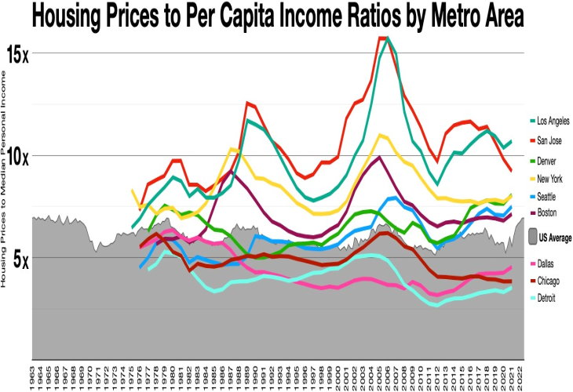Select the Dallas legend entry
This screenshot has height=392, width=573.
pyautogui.click(x=546, y=263)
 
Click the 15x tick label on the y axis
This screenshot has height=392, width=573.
pyautogui.click(x=18, y=55)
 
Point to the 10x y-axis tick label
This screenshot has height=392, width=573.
pyautogui.click(x=18, y=156)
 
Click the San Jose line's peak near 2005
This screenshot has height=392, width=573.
pyautogui.click(x=383, y=38)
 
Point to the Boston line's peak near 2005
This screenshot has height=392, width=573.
pyautogui.click(x=379, y=157)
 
